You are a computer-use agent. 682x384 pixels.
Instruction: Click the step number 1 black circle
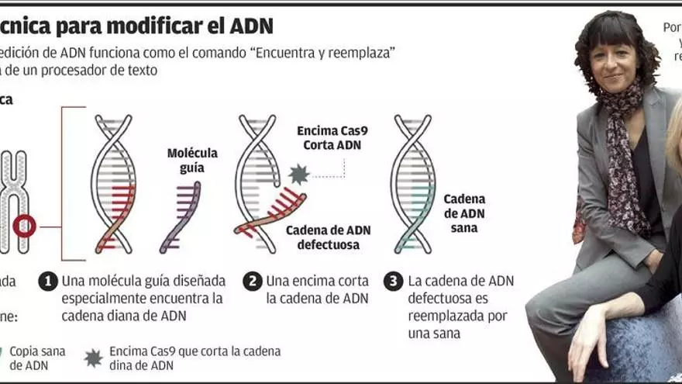click(48, 281)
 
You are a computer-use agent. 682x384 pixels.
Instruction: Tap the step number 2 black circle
click(253, 281)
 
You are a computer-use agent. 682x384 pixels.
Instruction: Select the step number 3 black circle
click(394, 281)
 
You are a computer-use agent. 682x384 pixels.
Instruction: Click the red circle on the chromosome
click(24, 226)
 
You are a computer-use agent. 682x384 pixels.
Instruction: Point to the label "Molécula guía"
click(192, 160)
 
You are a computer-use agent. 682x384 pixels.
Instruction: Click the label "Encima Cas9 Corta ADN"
click(329, 138)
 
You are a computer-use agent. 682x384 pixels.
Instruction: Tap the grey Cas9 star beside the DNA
click(298, 175)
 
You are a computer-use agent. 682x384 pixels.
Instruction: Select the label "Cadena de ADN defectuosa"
click(328, 237)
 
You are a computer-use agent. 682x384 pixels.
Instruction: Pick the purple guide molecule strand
click(181, 216)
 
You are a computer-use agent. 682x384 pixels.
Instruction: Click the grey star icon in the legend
click(93, 357)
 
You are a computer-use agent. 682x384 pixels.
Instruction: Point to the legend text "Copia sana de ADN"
click(37, 358)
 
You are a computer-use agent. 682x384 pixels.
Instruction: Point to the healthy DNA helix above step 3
click(412, 184)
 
